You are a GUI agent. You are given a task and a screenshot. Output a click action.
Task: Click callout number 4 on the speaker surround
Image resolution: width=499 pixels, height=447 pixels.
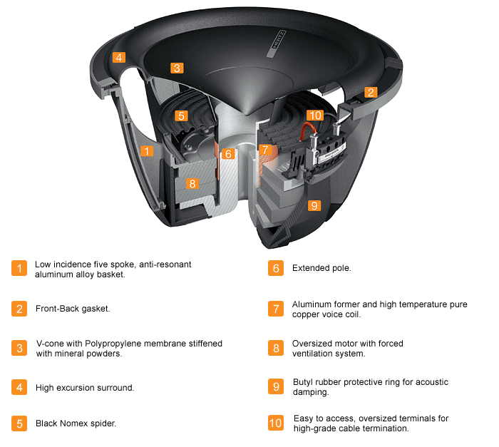pyautogui.click(x=119, y=57)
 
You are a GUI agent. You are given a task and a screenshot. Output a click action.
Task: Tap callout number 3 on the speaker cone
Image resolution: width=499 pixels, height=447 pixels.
pyautogui.click(x=177, y=68)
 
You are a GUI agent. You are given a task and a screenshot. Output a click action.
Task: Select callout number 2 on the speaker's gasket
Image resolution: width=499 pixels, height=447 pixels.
pyautogui.click(x=370, y=92)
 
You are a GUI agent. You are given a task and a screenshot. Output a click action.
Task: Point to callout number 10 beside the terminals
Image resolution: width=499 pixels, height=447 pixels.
pyautogui.click(x=314, y=115)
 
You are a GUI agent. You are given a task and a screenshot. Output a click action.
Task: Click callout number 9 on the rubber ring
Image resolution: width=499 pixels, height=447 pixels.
pyautogui.click(x=314, y=205)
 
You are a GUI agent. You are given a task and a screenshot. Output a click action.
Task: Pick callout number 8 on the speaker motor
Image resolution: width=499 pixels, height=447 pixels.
pyautogui.click(x=191, y=183)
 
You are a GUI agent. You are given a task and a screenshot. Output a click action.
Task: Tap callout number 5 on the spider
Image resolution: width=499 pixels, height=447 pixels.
pyautogui.click(x=181, y=115)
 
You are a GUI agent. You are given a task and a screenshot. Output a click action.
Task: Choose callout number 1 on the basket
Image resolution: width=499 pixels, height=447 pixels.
pyautogui.click(x=147, y=150)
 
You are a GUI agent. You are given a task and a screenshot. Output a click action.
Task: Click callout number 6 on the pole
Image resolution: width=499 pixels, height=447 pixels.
pyautogui.click(x=228, y=153)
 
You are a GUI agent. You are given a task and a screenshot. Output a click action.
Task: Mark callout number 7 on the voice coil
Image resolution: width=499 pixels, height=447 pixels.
pyautogui.click(x=265, y=150)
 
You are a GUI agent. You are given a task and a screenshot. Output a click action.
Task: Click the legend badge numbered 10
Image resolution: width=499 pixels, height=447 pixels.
pyautogui.click(x=275, y=423)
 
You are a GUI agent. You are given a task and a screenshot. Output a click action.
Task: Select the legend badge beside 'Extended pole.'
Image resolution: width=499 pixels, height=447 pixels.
pyautogui.click(x=275, y=269)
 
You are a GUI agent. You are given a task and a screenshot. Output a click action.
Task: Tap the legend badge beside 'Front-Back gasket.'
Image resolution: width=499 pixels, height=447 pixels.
pyautogui.click(x=19, y=309)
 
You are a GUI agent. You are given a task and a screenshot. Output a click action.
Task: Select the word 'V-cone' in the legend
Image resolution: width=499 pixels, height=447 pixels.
pyautogui.click(x=51, y=344)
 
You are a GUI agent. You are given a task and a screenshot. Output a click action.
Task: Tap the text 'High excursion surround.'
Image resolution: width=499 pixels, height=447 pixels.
pyautogui.click(x=85, y=388)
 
